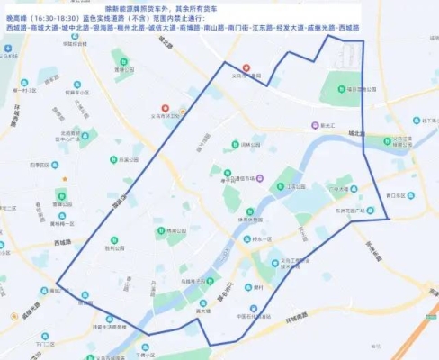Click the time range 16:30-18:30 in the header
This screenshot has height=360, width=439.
click(x=66, y=18)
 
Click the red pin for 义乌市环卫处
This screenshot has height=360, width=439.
click(x=166, y=109)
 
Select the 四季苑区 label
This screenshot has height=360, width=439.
click(x=38, y=166)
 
